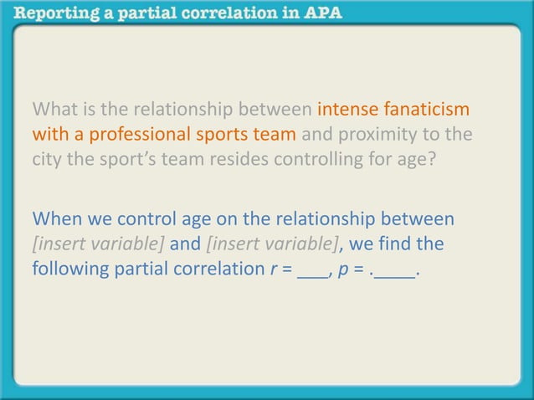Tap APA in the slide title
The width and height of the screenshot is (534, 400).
[x=321, y=14]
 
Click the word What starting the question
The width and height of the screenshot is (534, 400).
[x=55, y=110]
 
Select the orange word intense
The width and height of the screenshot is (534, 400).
[x=347, y=110]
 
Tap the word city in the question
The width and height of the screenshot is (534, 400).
[x=47, y=158]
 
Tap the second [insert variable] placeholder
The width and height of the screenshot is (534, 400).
[x=272, y=244]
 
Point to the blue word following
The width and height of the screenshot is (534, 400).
[x=69, y=269]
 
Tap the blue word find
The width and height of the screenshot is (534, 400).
[x=395, y=244]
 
